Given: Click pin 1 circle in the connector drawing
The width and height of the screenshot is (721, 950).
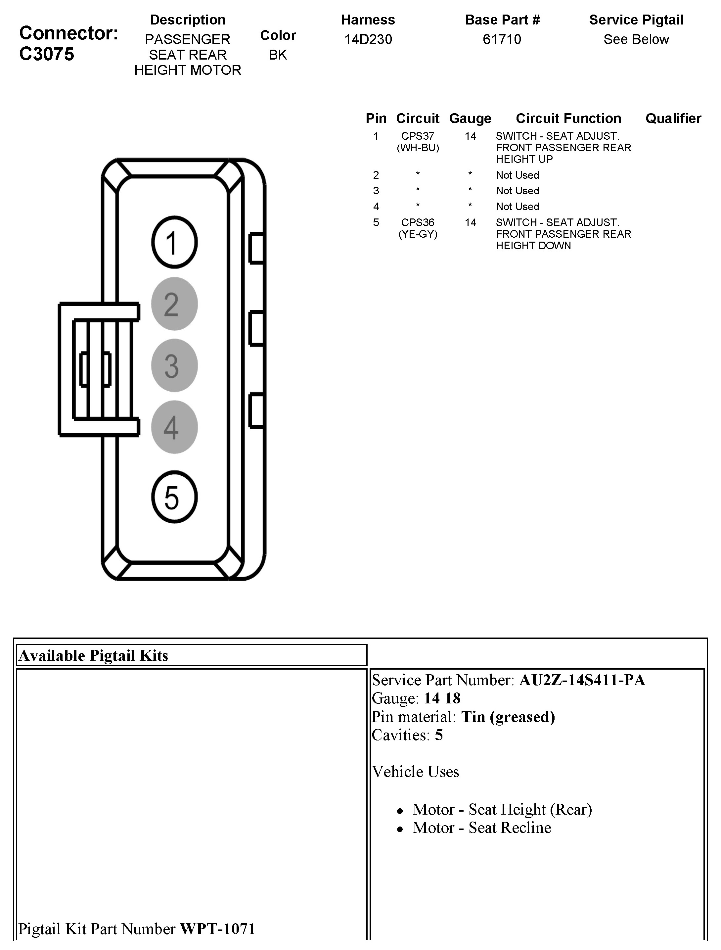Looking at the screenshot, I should pyautogui.click(x=174, y=242).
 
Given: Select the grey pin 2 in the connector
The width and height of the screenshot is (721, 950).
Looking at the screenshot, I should pyautogui.click(x=174, y=304).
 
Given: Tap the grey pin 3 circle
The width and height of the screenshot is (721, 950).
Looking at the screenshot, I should pyautogui.click(x=174, y=365).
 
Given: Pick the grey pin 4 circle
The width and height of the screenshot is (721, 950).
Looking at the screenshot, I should pyautogui.click(x=174, y=427).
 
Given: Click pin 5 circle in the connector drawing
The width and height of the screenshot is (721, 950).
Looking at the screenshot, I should pyautogui.click(x=174, y=497).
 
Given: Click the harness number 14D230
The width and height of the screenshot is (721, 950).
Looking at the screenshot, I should pyautogui.click(x=368, y=39).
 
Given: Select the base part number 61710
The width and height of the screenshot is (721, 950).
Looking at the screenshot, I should pyautogui.click(x=502, y=39).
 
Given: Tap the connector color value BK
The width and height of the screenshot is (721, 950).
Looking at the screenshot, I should pyautogui.click(x=278, y=55).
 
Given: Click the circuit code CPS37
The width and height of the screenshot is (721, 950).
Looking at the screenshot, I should pyautogui.click(x=417, y=136).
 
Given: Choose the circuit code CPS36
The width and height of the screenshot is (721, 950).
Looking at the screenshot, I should pyautogui.click(x=417, y=222).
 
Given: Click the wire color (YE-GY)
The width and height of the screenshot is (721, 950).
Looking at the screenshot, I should pyautogui.click(x=417, y=234).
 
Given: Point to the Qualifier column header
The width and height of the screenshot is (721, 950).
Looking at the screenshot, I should pyautogui.click(x=673, y=119).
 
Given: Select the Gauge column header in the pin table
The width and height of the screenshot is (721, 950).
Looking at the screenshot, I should pyautogui.click(x=470, y=119).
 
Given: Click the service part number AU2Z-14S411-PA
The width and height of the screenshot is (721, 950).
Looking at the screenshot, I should pyautogui.click(x=582, y=680).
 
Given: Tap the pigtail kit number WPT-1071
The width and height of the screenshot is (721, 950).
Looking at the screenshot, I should pyautogui.click(x=217, y=928).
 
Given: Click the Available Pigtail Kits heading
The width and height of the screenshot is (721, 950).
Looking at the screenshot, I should pyautogui.click(x=94, y=655).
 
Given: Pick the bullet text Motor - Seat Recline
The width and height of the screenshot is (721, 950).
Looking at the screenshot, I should pyautogui.click(x=481, y=828).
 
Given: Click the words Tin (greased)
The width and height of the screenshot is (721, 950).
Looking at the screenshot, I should pyautogui.click(x=508, y=717).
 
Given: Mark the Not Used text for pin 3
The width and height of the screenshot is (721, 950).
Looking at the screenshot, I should pyautogui.click(x=517, y=191).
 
